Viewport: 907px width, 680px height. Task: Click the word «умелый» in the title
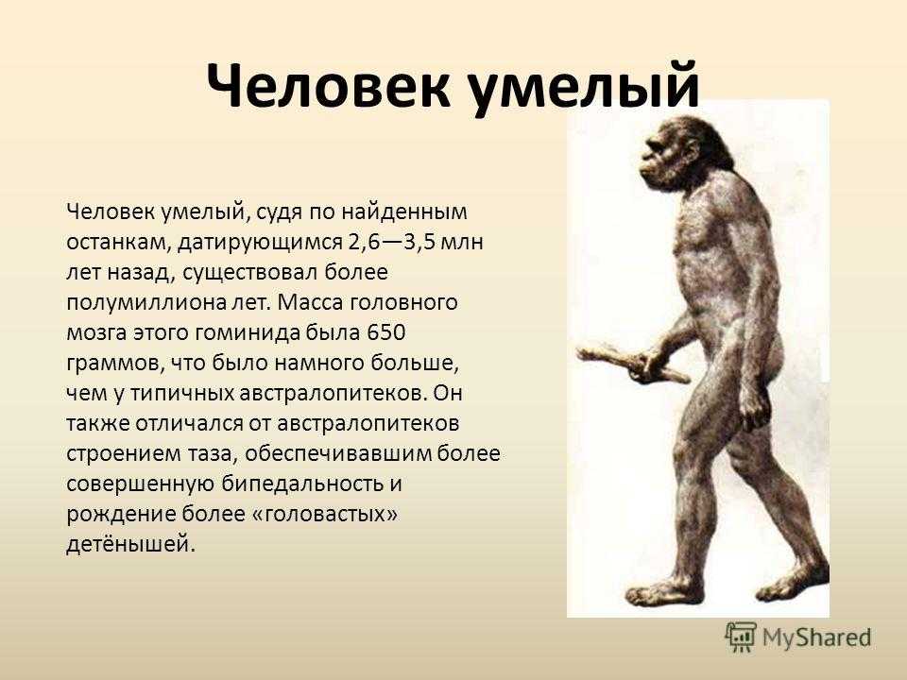pyautogui.click(x=583, y=88)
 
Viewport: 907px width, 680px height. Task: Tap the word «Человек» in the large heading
pyautogui.click(x=328, y=85)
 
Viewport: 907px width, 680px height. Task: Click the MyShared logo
pyautogui.click(x=798, y=637)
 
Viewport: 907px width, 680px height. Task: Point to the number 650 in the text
pyautogui.click(x=385, y=332)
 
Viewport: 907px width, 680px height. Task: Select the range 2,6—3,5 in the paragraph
pyautogui.click(x=391, y=242)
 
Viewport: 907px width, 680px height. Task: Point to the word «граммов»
pyautogui.click(x=110, y=364)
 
